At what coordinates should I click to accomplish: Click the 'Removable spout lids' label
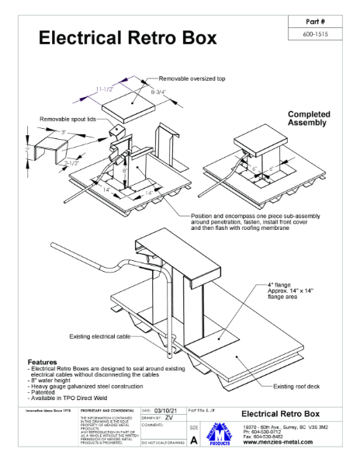[67, 120]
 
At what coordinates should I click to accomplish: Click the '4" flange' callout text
[281, 285]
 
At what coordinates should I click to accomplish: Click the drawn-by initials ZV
[168, 417]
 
